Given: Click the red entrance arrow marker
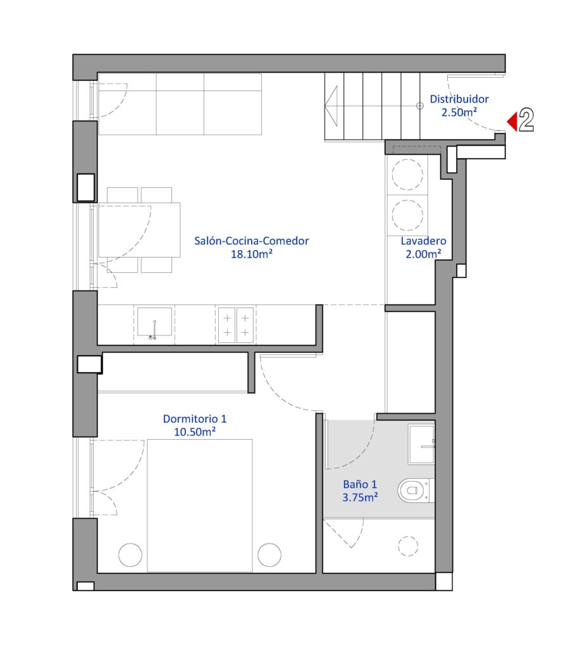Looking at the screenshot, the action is point(512,121).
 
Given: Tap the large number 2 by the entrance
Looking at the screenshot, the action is point(526,120).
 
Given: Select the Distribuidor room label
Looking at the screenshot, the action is point(459,99).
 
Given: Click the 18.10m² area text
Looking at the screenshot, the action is point(251,254).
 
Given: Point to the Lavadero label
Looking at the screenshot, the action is point(423,241).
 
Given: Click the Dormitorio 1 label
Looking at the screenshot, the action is point(195,419).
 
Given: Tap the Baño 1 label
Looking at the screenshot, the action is point(360,484).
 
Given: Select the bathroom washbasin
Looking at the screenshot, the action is point(421,444).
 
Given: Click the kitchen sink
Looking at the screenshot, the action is point(154,322).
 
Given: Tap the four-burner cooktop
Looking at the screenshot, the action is point(236,325).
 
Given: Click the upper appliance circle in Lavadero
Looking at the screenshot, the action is point(407,175).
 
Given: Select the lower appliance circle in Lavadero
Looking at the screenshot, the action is point(407,215).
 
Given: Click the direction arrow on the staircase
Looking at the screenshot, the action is point(331,106).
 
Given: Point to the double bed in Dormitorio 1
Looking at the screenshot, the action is point(199,506).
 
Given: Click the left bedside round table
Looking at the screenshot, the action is point(130,554).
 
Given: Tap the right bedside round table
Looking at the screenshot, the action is point(269,554).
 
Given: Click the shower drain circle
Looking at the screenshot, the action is point(408,546).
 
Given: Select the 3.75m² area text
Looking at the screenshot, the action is point(360,497).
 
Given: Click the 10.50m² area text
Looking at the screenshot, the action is point(195,432).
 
